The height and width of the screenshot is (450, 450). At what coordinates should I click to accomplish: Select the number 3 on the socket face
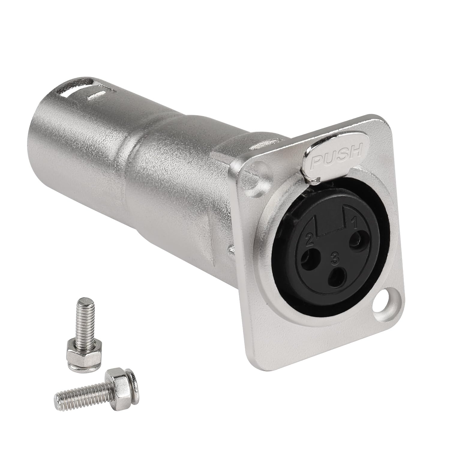333,257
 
